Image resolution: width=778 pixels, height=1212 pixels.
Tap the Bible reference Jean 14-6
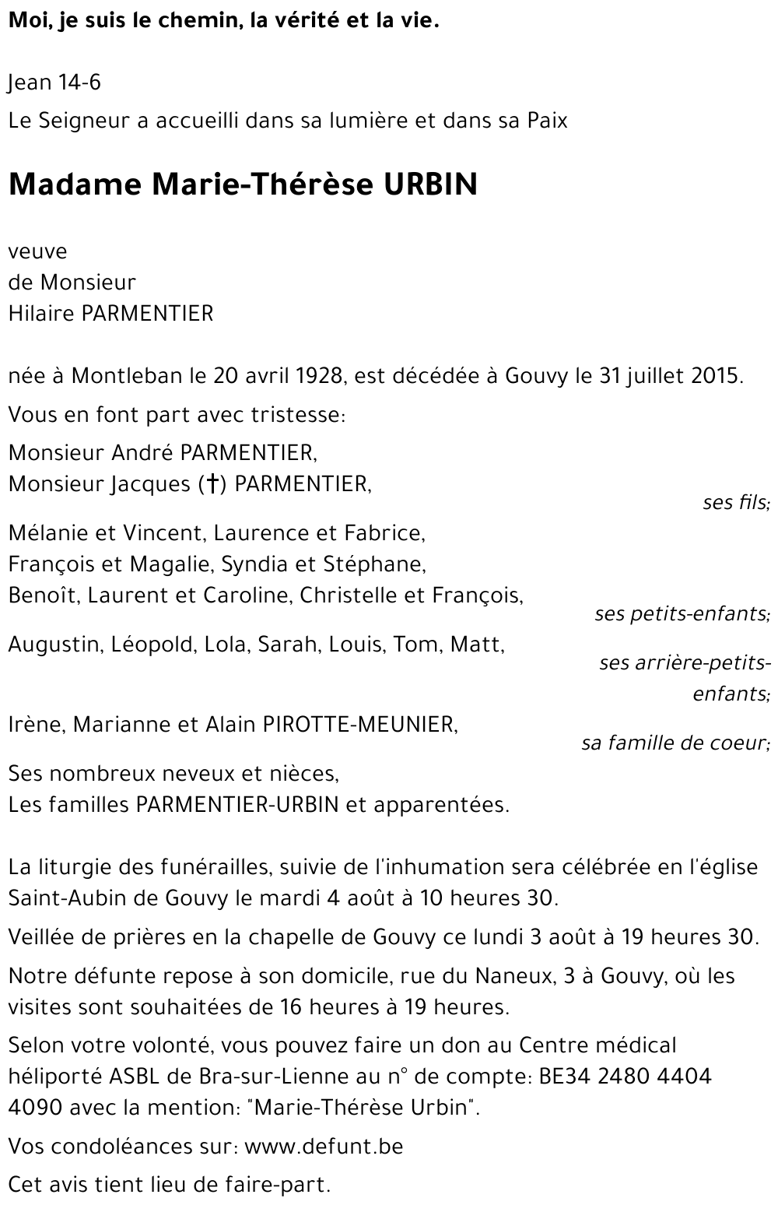54,83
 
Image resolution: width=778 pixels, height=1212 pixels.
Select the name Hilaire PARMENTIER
110,313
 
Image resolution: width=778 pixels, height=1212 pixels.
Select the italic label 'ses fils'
735,503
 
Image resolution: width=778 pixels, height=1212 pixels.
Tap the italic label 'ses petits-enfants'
682,614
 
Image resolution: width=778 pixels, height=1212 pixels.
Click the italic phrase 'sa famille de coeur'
675,743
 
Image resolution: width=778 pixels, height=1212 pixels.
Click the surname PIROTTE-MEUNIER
360,725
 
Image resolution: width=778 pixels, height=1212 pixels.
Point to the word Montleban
128,376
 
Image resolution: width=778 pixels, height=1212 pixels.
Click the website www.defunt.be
324,1147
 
